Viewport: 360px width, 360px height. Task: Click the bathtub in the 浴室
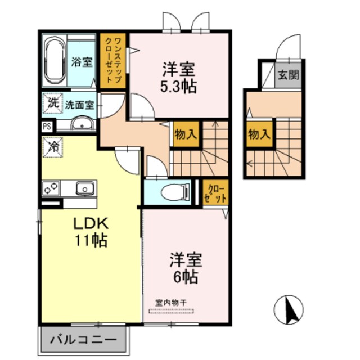tap(54, 61)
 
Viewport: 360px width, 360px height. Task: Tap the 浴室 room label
tap(82, 62)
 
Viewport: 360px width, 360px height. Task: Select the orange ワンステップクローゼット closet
tap(114, 59)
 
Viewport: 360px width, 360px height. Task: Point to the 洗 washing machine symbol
tap(52, 103)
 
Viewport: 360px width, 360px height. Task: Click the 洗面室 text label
tap(79, 104)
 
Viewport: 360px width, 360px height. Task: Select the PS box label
tap(46, 127)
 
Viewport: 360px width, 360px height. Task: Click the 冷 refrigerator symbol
tap(51, 147)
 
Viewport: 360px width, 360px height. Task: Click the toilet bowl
tap(171, 193)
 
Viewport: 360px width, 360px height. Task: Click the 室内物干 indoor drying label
tap(174, 302)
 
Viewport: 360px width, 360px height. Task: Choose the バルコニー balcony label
tap(84, 340)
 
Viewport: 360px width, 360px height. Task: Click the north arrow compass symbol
tap(289, 309)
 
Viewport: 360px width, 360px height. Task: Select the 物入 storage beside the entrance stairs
tap(259, 134)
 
